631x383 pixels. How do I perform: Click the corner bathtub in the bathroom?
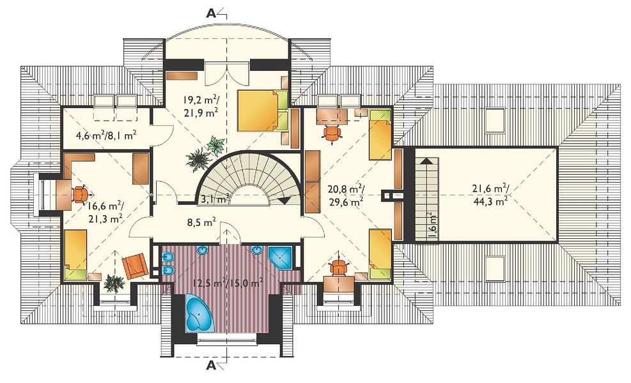(199, 313)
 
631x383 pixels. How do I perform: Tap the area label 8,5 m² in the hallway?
(201, 222)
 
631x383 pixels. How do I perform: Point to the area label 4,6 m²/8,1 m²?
(106, 135)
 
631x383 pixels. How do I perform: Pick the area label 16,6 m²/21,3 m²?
(105, 212)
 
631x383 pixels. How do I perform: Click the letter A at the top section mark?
(211, 13)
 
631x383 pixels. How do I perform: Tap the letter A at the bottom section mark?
(211, 365)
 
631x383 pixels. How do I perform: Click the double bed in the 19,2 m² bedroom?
(262, 110)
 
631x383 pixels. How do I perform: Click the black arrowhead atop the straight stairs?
(426, 161)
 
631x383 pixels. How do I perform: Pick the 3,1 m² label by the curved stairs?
(215, 197)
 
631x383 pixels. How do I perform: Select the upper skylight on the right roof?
(495, 119)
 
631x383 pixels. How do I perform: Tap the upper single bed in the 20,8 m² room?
(380, 134)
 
